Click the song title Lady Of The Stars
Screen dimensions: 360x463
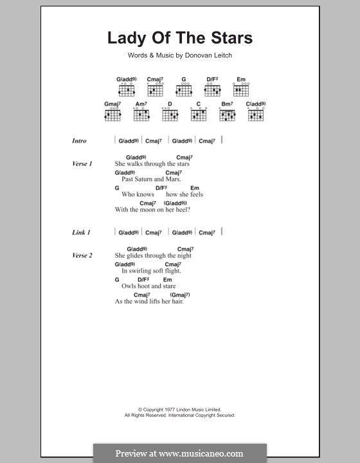pos(180,38)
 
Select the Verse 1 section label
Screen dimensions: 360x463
pos(82,164)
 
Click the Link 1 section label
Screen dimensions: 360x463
pos(80,233)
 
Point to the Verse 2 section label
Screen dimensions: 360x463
pos(82,255)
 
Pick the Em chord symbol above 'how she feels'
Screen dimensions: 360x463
pos(194,188)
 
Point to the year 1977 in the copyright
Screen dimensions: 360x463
pos(161,410)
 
